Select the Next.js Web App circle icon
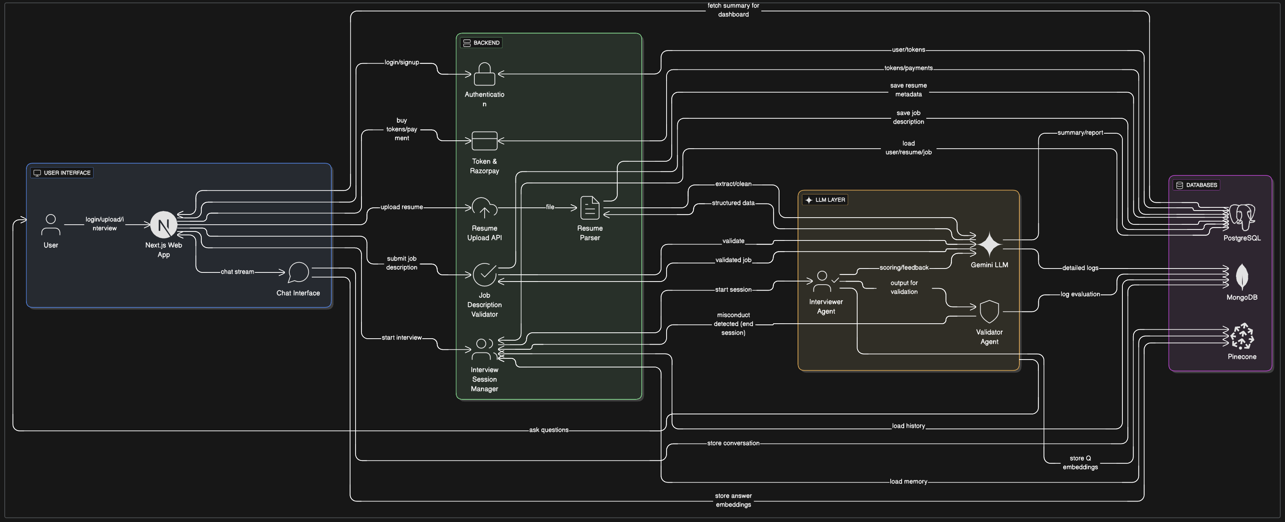pyautogui.click(x=164, y=225)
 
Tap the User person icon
pyautogui.click(x=51, y=225)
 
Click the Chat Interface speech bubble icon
pyautogui.click(x=298, y=272)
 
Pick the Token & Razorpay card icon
pyautogui.click(x=484, y=141)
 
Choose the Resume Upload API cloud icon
pyautogui.click(x=484, y=207)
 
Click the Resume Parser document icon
pyautogui.click(x=590, y=207)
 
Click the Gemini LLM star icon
pyautogui.click(x=989, y=244)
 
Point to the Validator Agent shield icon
pyautogui.click(x=989, y=311)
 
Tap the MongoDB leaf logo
pyautogui.click(x=1241, y=277)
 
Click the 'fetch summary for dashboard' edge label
pyautogui.click(x=733, y=10)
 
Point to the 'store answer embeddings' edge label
pyautogui.click(x=733, y=500)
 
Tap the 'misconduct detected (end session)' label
pyautogui.click(x=733, y=324)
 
